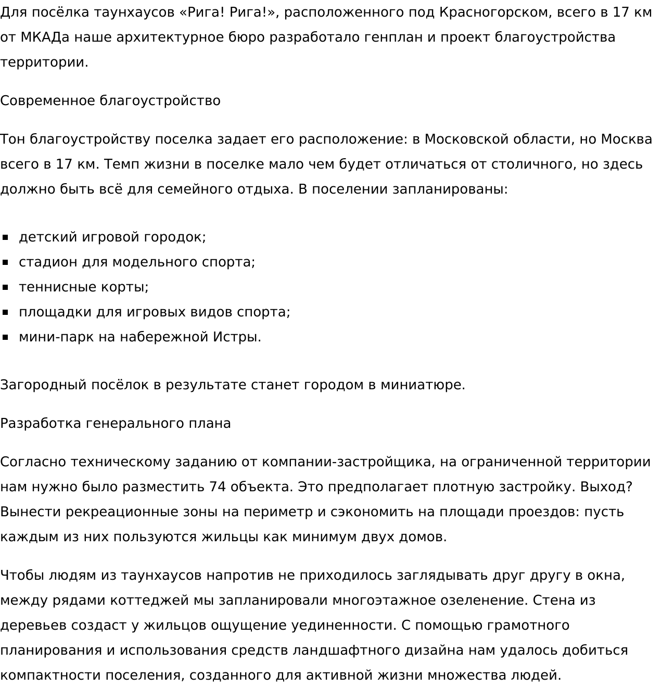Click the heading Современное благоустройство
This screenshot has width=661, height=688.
(110, 100)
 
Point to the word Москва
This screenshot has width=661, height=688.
(626, 139)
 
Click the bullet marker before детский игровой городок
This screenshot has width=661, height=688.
(6, 237)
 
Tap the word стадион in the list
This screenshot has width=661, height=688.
(48, 262)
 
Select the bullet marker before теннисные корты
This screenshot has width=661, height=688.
(6, 287)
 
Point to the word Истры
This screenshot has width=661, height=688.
(237, 337)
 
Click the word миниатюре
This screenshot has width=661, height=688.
(423, 385)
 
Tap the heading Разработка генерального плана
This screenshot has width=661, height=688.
(116, 423)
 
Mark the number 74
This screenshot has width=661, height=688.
(217, 487)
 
